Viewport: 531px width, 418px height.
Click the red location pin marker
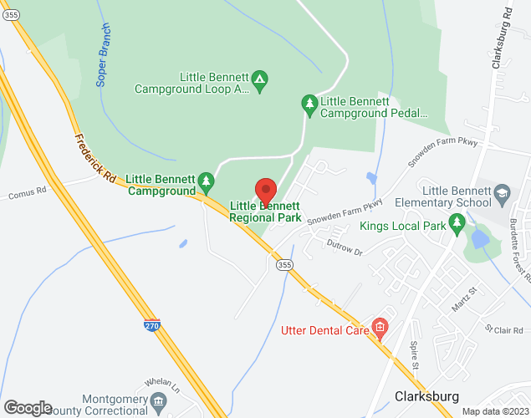265,190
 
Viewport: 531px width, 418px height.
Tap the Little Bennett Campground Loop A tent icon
260,79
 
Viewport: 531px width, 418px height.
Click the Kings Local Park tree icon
457,222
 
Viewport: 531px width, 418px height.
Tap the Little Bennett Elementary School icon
502,194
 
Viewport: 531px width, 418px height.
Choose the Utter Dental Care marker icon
380,325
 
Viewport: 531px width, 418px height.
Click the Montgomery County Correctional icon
158,405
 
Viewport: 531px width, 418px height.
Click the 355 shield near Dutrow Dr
284,265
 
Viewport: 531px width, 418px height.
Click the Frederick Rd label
94,159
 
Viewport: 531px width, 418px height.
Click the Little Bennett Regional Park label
265,212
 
